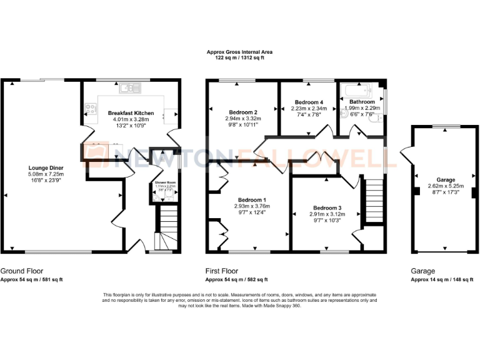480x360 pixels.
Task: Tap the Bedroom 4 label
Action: [309, 102]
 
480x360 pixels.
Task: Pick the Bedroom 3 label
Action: [328, 208]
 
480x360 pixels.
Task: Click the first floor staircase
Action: [372, 196]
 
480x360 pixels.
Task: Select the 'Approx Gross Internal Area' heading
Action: [240, 52]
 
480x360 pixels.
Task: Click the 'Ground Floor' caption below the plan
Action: [22, 271]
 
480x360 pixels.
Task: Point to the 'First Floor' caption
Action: [222, 271]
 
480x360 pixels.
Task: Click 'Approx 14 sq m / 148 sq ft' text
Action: [442, 279]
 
